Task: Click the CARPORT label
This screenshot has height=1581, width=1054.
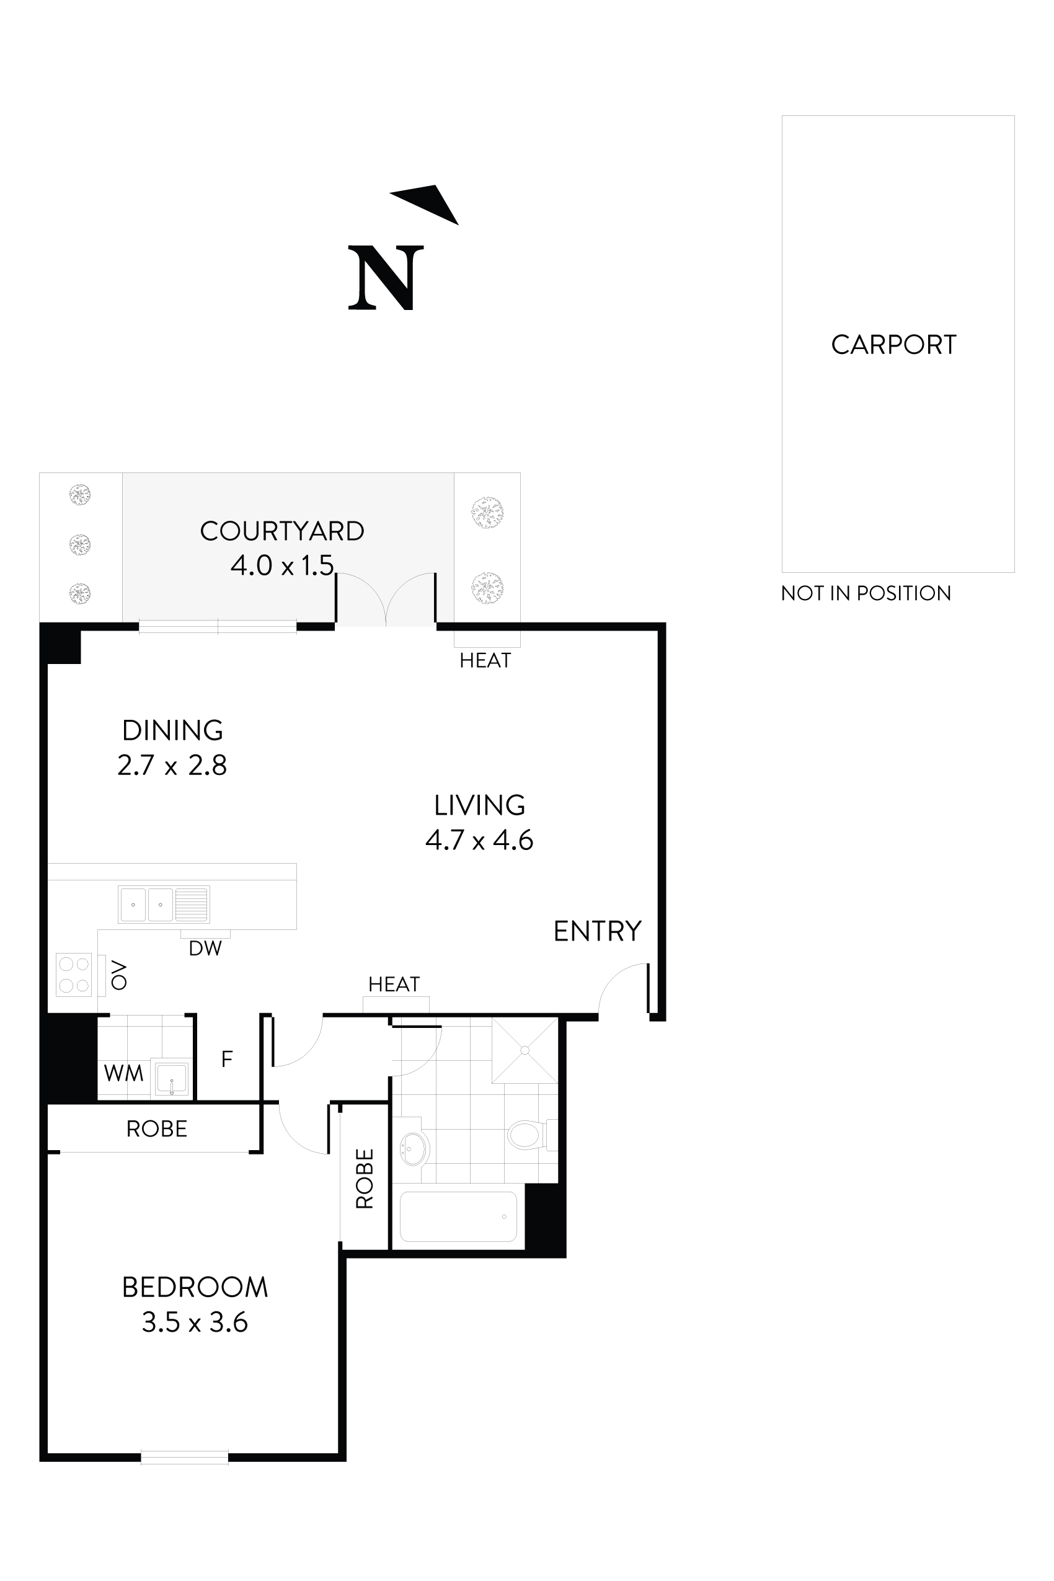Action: tap(893, 345)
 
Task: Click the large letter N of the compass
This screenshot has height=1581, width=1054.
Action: tap(386, 278)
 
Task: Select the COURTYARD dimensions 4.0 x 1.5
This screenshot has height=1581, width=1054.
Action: tap(281, 565)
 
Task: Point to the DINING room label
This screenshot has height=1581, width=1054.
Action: tap(173, 730)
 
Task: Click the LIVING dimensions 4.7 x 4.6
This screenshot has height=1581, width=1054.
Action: tap(479, 840)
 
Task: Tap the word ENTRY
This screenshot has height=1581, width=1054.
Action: tap(597, 931)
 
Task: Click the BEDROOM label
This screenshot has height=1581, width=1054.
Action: tap(195, 1287)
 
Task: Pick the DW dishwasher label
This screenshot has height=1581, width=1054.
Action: tap(205, 949)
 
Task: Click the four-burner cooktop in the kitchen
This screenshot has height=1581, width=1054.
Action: tap(74, 975)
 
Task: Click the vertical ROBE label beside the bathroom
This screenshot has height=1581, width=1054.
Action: tap(365, 1179)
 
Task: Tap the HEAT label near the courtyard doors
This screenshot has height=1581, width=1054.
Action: tap(485, 661)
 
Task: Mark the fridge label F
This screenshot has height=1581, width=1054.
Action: tap(227, 1060)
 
